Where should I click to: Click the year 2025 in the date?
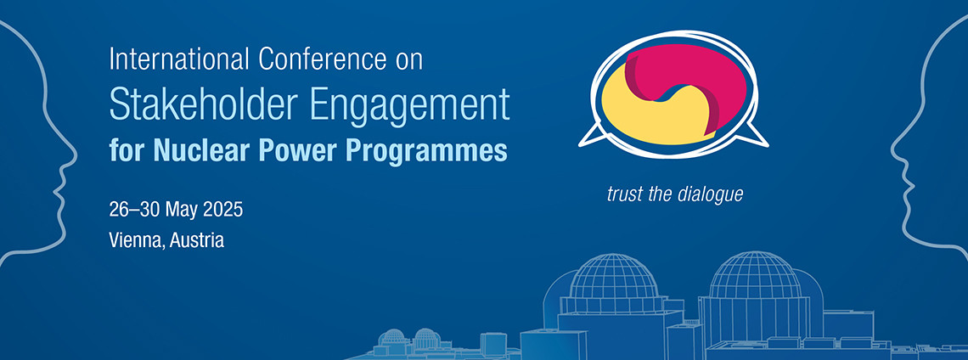(x=222, y=210)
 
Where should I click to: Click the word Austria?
(x=196, y=239)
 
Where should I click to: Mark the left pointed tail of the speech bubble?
(x=582, y=144)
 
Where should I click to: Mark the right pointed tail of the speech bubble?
(x=766, y=144)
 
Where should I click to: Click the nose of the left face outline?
(x=76, y=151)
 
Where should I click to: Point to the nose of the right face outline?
(x=892, y=151)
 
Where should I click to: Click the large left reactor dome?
(x=613, y=276)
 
